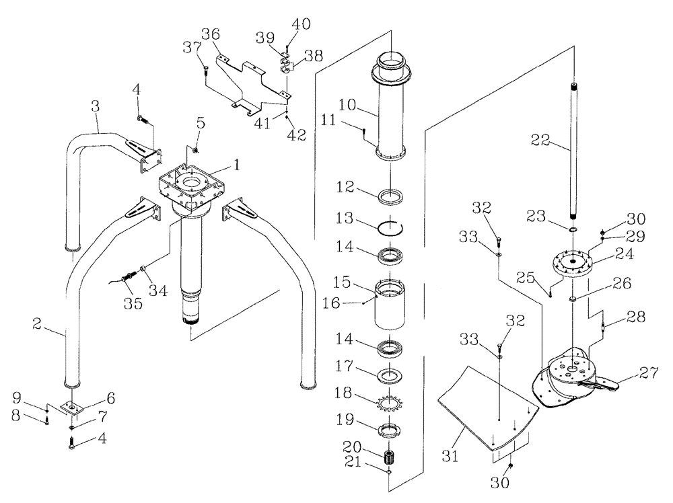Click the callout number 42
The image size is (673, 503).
[296, 134]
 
